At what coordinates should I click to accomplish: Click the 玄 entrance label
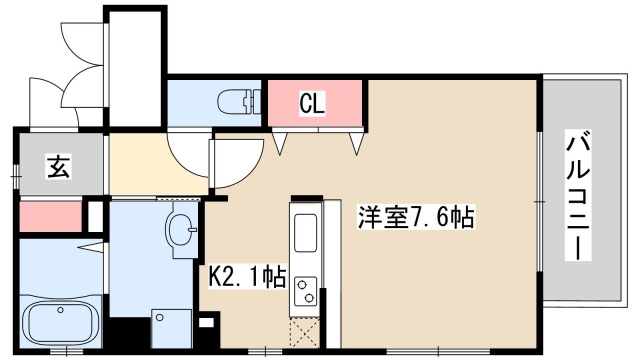coord(58,167)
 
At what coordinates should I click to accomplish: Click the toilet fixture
coord(232,101)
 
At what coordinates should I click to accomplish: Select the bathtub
coord(60,323)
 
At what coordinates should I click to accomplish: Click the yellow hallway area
coord(140,165)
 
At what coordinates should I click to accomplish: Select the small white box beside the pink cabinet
coord(95,215)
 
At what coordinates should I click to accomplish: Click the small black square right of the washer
coord(207,324)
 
